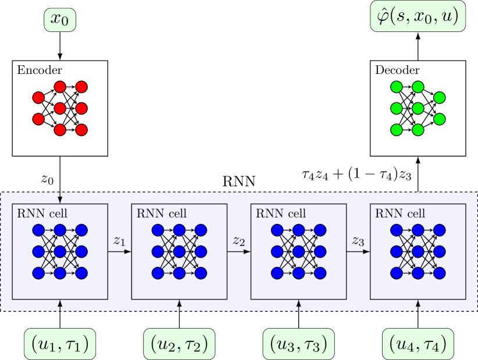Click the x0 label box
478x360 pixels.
[60, 20]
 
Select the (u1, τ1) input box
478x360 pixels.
[60, 344]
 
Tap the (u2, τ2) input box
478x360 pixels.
[179, 344]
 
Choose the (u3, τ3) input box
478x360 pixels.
[298, 344]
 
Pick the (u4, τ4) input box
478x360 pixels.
[418, 344]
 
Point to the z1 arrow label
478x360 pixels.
[119, 240]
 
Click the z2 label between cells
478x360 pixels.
[238, 240]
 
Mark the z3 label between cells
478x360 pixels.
[358, 240]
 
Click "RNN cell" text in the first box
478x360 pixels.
[42, 213]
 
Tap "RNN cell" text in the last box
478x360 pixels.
[400, 213]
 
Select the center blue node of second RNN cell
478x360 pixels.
[179, 252]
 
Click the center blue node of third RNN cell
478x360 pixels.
[298, 252]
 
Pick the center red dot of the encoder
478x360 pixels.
[60, 108]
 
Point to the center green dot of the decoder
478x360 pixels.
[418, 108]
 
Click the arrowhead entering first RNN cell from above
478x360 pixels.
[60, 201]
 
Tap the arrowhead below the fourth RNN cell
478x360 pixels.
[418, 303]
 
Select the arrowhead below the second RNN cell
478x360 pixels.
[179, 303]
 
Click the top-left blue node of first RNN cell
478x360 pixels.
[39, 230]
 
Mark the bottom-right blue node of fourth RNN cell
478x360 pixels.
[439, 273]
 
